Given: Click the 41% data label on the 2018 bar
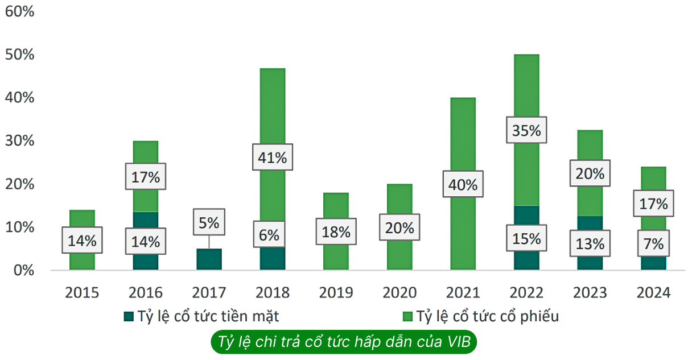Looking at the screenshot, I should click(273, 157).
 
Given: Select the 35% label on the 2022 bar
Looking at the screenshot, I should click(526, 130).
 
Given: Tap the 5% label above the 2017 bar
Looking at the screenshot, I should click(209, 222).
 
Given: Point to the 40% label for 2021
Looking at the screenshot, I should click(463, 184).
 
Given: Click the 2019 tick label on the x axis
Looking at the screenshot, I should click(336, 292).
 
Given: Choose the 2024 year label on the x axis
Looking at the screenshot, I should click(653, 292).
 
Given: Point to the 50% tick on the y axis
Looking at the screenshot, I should click(20, 55).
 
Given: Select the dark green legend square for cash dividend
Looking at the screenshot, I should click(129, 316).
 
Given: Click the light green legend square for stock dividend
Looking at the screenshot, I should click(407, 316).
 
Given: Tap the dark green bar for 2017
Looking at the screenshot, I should click(209, 259).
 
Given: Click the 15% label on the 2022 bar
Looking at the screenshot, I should click(526, 238).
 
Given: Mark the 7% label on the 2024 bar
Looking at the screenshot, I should click(653, 244).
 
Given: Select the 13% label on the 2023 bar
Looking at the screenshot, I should click(590, 244).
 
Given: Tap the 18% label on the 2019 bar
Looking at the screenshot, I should click(336, 232).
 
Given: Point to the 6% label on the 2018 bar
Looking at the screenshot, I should click(273, 234).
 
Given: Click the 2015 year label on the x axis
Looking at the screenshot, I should click(82, 292).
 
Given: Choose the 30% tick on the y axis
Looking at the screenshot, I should click(20, 141).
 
